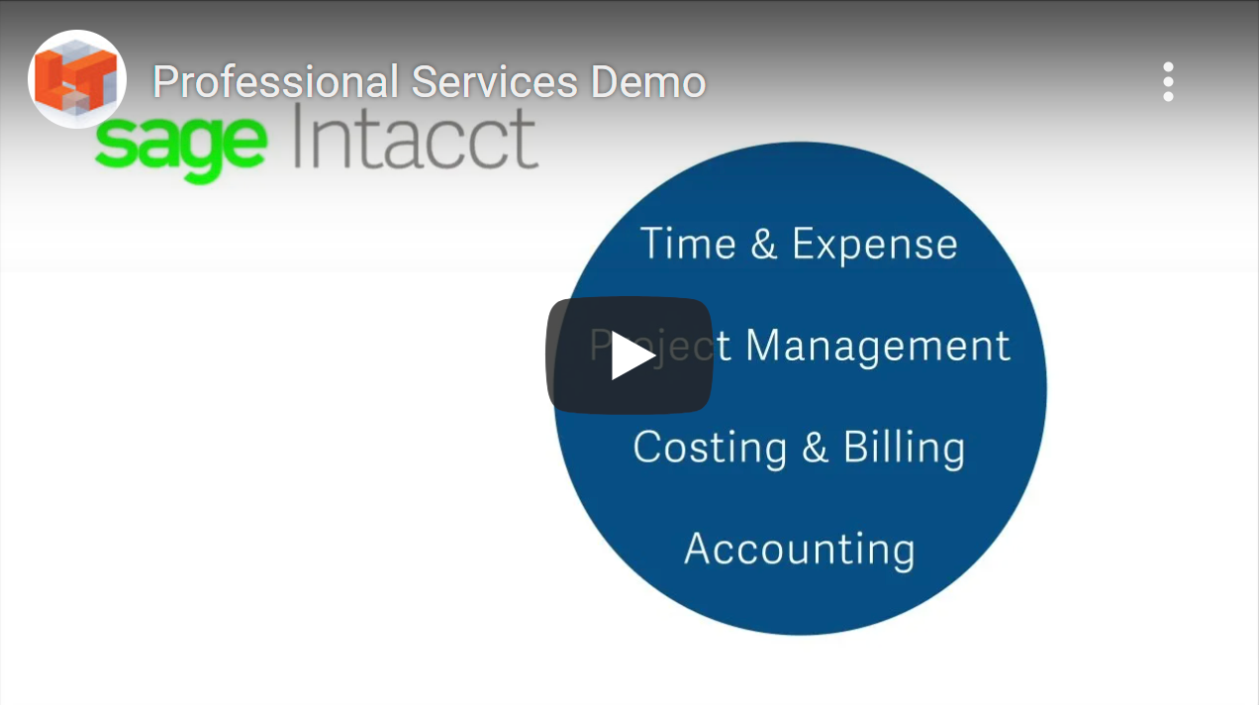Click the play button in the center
coord(629,355)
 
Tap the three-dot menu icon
coord(1168,81)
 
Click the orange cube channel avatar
coord(77,79)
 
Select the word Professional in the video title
coord(275,82)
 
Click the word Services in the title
coord(495,82)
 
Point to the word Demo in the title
coord(648,82)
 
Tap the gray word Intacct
coord(416,138)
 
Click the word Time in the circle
coord(688,244)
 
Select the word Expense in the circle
coord(875,247)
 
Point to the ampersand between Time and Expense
coord(764,244)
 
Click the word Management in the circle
coord(878,346)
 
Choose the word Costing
coord(711,449)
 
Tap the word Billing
coord(905,449)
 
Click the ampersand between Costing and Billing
coord(816,448)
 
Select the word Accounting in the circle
coord(800,550)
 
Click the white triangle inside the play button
coord(632,355)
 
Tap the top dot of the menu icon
coord(1168,67)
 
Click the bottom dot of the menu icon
coord(1168,96)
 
